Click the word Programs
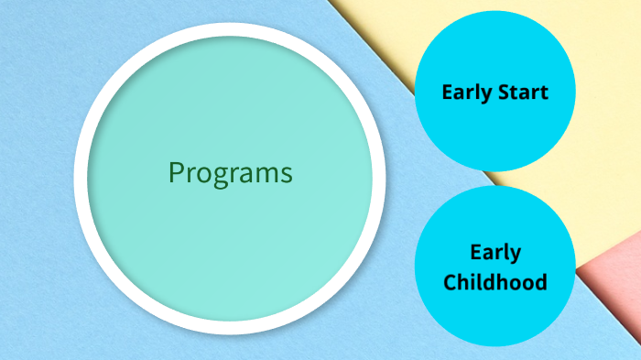(231, 172)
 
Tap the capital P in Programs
(176, 171)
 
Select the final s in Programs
(287, 173)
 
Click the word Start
(523, 93)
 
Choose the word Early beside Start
(467, 93)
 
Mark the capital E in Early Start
(447, 93)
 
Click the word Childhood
(495, 281)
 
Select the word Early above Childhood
(495, 253)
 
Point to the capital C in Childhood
(451, 281)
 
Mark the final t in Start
(544, 93)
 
